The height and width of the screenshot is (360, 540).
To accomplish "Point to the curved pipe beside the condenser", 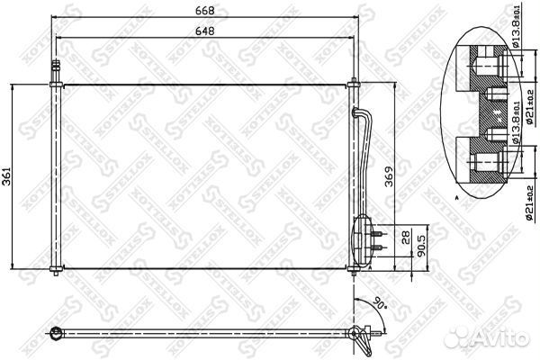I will pyautogui.click(x=365, y=153).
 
